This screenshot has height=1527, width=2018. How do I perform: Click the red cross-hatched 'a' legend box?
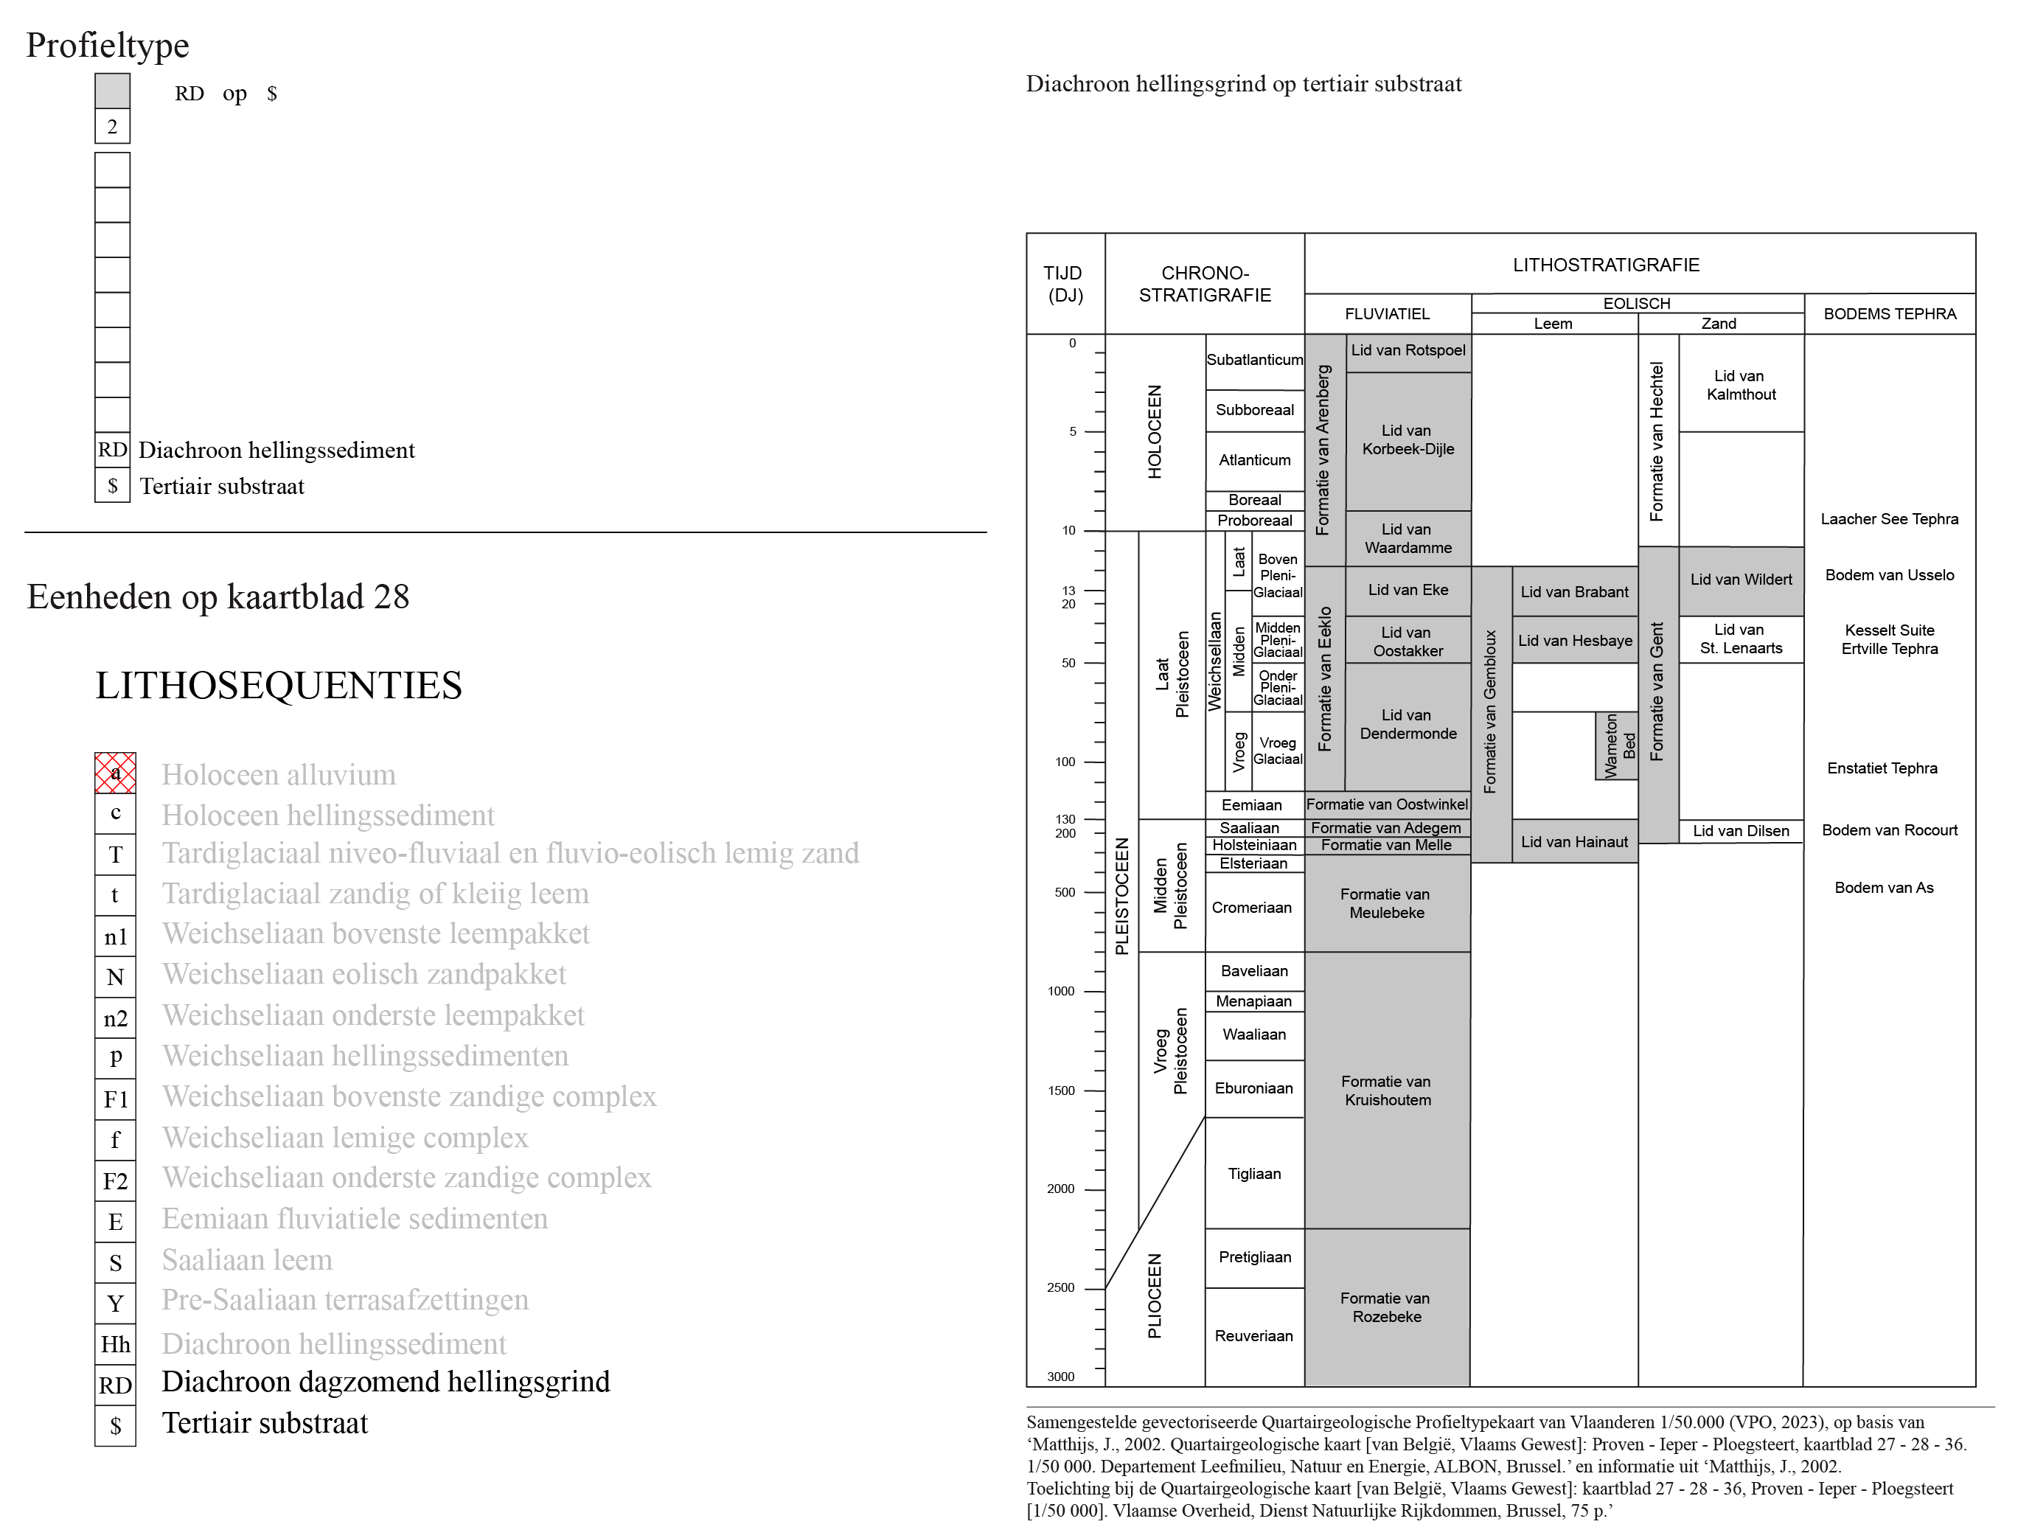(115, 773)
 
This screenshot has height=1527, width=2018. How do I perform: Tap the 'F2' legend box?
(115, 1180)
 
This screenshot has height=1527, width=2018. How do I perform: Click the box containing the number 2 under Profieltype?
(112, 126)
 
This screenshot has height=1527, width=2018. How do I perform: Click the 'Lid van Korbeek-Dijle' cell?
(1408, 441)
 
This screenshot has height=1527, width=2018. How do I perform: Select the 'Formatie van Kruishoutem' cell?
(1387, 1090)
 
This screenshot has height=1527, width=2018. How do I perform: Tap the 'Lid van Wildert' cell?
(1741, 580)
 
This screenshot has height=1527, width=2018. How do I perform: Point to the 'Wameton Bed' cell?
(1617, 746)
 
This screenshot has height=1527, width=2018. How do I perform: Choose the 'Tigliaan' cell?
(1254, 1173)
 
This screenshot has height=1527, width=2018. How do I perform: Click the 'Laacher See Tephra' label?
(1890, 519)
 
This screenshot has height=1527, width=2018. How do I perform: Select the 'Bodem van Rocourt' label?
(1890, 830)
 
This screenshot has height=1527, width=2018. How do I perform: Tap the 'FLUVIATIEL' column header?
(1387, 314)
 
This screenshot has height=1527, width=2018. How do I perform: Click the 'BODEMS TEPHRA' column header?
(1890, 314)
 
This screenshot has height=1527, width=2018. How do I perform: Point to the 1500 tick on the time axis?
(1094, 1090)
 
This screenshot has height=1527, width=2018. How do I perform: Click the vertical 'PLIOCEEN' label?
(1155, 1295)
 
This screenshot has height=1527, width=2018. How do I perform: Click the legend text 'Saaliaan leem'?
(247, 1260)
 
